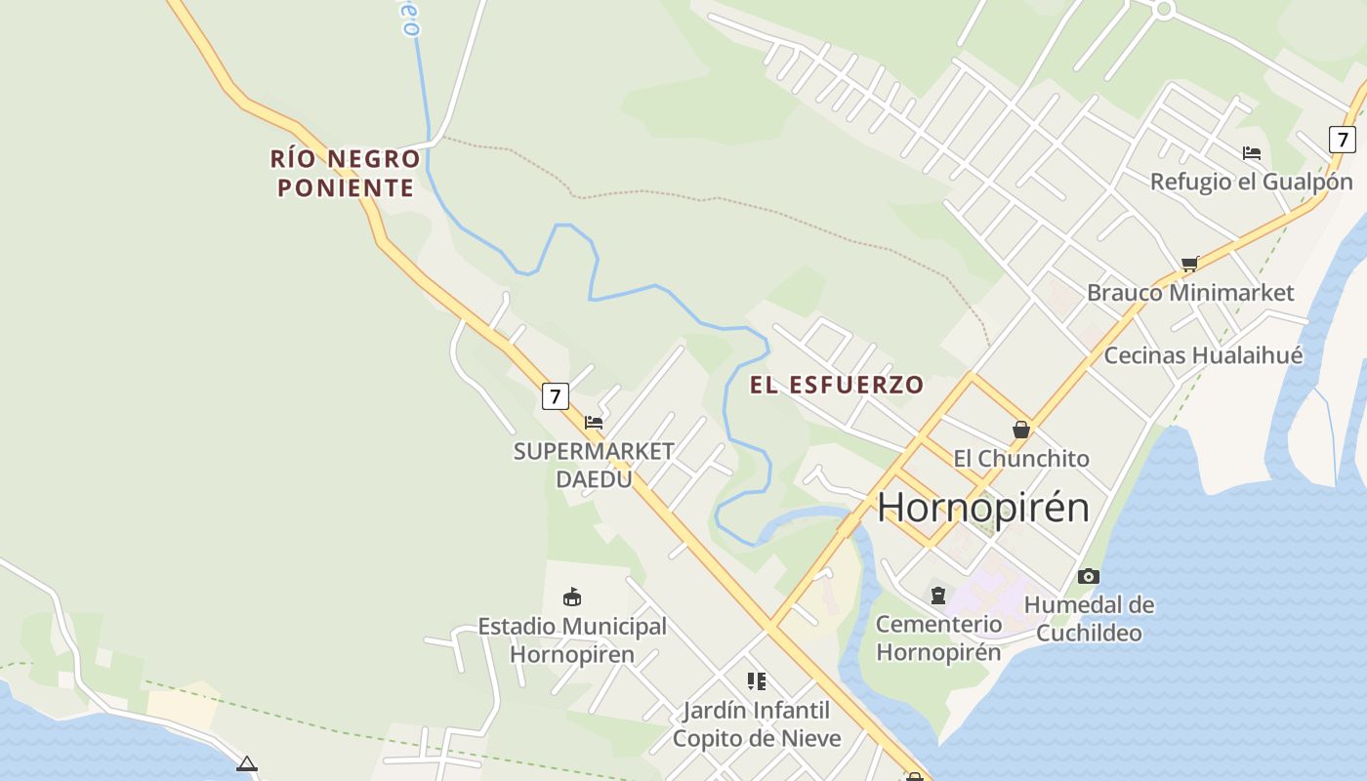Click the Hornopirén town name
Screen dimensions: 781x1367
982,508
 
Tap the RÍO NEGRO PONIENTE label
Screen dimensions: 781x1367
346,173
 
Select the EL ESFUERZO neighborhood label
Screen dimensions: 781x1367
837,385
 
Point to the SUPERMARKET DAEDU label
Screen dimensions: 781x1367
594,465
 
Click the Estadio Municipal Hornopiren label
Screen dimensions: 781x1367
572,640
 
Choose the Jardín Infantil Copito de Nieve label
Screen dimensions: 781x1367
757,724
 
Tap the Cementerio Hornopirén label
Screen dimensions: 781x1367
938,637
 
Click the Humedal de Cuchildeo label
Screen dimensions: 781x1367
1089,619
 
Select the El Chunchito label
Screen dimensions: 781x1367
1021,458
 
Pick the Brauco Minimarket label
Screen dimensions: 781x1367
1190,292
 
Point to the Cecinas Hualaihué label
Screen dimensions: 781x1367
1203,355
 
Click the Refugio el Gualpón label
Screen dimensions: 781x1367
1251,182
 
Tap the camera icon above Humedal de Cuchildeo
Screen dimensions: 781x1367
1089,576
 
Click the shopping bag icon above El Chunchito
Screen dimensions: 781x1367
1021,430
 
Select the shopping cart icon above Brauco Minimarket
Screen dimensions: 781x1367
1189,264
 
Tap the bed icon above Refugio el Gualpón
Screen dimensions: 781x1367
1252,153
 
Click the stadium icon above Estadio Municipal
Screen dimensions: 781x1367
572,596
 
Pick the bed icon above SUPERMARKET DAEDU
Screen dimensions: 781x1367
593,423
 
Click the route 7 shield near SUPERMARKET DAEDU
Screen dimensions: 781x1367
556,396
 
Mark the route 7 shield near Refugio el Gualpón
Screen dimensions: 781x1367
1343,140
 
